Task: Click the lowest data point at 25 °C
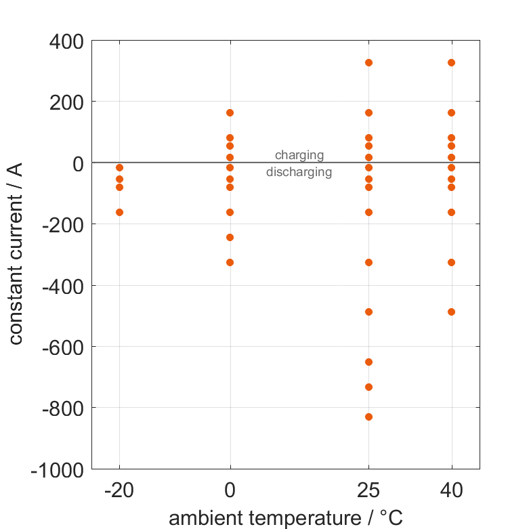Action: coord(368,417)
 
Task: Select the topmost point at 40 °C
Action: coord(452,62)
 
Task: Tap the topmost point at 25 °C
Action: coord(368,62)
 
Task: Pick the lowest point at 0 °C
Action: coord(230,262)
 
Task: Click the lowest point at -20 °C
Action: coord(120,212)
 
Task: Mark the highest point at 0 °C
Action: coord(230,112)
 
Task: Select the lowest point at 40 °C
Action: coord(452,312)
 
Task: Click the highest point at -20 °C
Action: coord(120,167)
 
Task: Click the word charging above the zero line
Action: coord(299,155)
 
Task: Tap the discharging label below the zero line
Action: coord(299,172)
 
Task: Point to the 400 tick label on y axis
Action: coord(66,41)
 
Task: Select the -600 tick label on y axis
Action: coord(62,347)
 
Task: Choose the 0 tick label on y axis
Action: coord(77,163)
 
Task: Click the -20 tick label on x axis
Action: coord(120,490)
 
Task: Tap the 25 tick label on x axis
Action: coord(368,490)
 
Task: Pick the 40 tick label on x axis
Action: coord(452,490)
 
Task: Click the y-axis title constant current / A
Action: coord(16,255)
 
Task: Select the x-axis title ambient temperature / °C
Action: coord(285,518)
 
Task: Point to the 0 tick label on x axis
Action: coord(230,490)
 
